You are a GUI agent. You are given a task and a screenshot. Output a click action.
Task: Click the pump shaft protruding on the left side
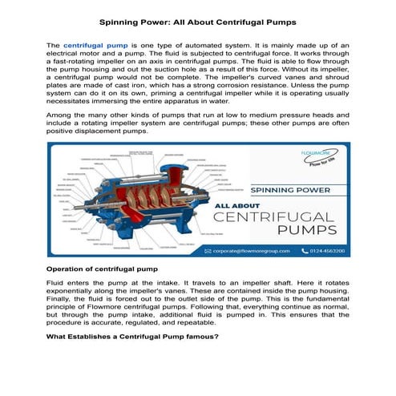63,210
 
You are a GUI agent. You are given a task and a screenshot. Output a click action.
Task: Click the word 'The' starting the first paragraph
54,47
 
